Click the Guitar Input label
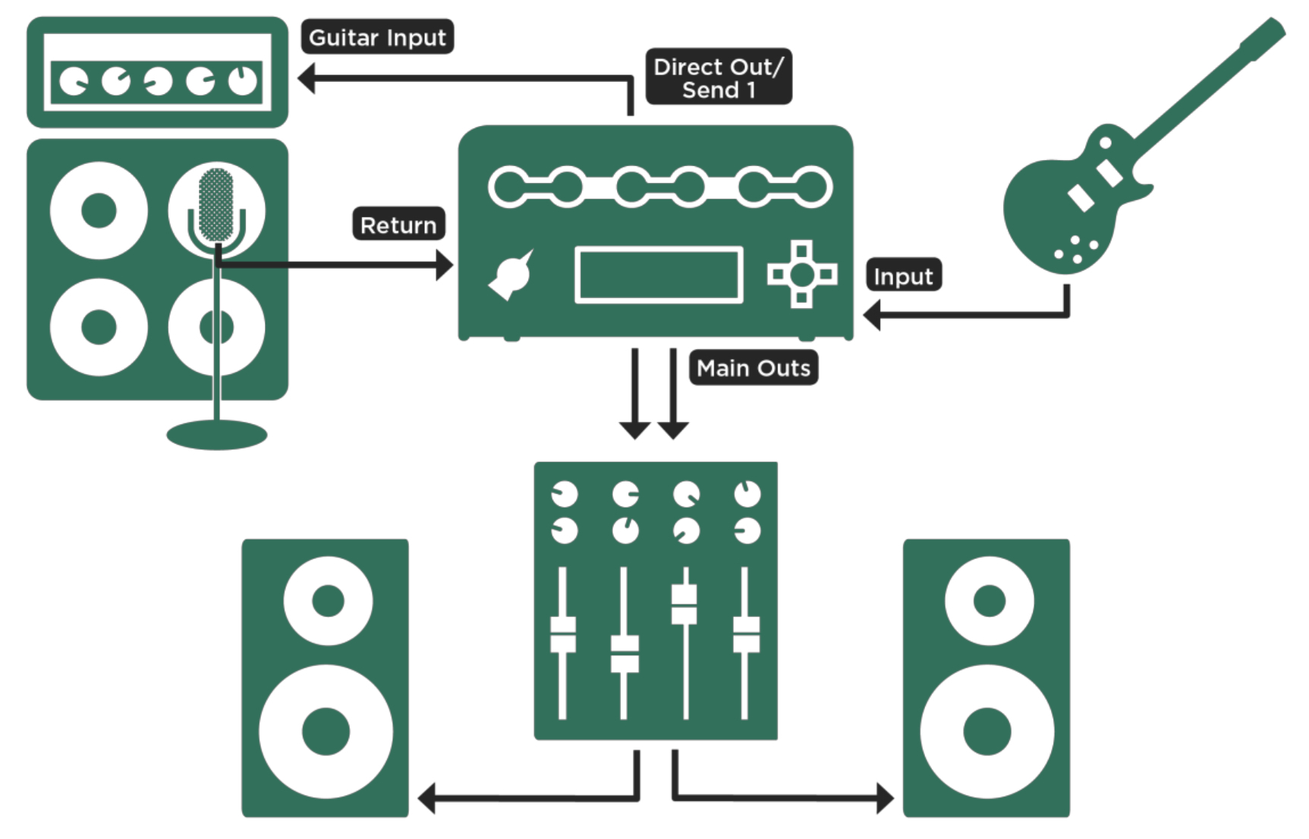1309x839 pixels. tap(377, 37)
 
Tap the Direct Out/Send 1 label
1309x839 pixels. tap(718, 77)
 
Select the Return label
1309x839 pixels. tap(398, 225)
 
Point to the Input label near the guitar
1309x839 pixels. tap(903, 276)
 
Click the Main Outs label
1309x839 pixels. tap(753, 368)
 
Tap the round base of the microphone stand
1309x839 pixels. tap(217, 435)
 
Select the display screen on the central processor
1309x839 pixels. tap(659, 275)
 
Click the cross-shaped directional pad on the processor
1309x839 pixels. tap(802, 274)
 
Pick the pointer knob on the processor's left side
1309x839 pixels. tap(513, 275)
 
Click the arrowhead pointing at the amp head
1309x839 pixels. tap(307, 78)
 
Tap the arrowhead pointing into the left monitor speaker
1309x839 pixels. tap(426, 799)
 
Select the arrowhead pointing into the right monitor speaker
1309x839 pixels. tap(885, 798)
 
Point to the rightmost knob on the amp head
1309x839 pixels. tap(243, 80)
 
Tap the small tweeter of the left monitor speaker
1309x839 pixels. tap(328, 601)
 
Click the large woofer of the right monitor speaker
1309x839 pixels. tap(986, 731)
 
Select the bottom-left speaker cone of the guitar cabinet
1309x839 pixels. tap(99, 327)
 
